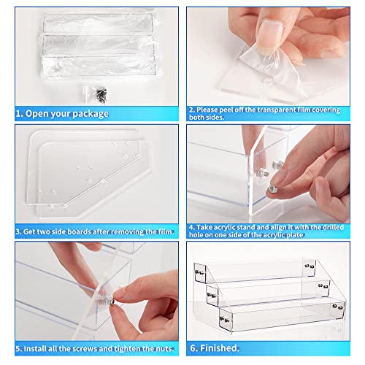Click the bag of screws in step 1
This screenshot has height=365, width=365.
pyautogui.click(x=96, y=94)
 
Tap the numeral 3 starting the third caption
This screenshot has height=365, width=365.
pyautogui.click(x=18, y=231)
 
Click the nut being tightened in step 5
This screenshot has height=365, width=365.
pyautogui.click(x=112, y=301)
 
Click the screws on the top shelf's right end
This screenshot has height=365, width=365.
pyautogui.click(x=310, y=266)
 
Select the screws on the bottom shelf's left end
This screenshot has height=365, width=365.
pyautogui.click(x=225, y=320)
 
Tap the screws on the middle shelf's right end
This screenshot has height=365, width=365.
pyautogui.click(x=323, y=286)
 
